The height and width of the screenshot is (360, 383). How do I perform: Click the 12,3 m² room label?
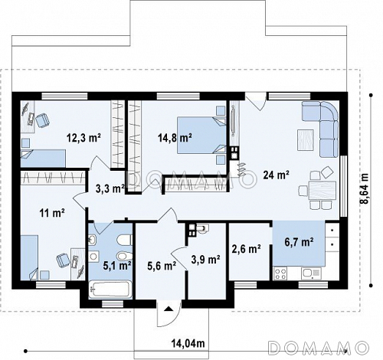[83, 138]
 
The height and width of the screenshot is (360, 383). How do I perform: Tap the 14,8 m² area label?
[175, 138]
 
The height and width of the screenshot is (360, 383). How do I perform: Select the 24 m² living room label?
[276, 175]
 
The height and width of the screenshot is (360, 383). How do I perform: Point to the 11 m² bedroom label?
[51, 212]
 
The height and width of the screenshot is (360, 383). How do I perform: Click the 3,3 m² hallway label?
[110, 188]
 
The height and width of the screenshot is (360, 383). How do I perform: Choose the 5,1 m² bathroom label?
[117, 266]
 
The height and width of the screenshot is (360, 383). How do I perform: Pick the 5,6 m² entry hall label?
[162, 266]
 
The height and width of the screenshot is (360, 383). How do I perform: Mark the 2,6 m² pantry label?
[246, 248]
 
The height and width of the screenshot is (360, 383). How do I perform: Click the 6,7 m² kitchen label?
[300, 241]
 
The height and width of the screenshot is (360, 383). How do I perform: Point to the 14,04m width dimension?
[188, 343]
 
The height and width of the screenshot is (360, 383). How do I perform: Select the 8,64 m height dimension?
[365, 188]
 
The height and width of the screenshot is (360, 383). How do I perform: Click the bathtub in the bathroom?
[110, 290]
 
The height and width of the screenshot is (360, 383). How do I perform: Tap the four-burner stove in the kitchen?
[280, 273]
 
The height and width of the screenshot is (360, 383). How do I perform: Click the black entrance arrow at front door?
[168, 309]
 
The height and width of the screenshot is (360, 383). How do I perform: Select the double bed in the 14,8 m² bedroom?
[201, 135]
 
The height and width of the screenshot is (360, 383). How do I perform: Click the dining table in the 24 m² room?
[322, 190]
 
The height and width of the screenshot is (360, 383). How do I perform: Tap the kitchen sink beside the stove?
[311, 273]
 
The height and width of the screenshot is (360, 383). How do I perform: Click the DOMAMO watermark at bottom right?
[319, 348]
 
